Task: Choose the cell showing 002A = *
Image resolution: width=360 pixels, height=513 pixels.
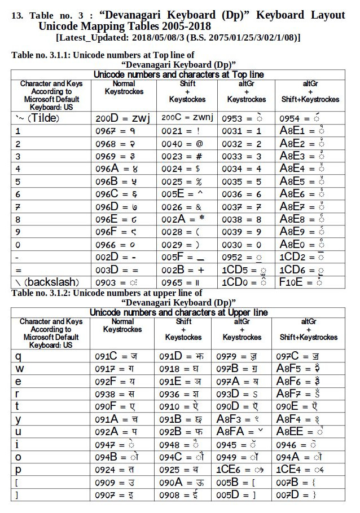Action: click(182, 219)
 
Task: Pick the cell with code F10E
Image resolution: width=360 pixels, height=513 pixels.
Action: click(301, 282)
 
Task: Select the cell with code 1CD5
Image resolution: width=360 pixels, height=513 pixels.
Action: click(244, 269)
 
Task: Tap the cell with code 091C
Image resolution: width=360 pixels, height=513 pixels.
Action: click(116, 356)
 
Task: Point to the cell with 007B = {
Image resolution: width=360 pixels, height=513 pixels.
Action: click(296, 483)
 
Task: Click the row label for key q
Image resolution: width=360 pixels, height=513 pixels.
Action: click(18, 356)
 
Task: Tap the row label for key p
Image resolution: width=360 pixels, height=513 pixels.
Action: click(18, 469)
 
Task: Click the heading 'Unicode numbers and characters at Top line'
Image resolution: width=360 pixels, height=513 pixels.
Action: click(178, 74)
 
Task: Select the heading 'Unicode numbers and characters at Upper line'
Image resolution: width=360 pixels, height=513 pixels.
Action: click(178, 312)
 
